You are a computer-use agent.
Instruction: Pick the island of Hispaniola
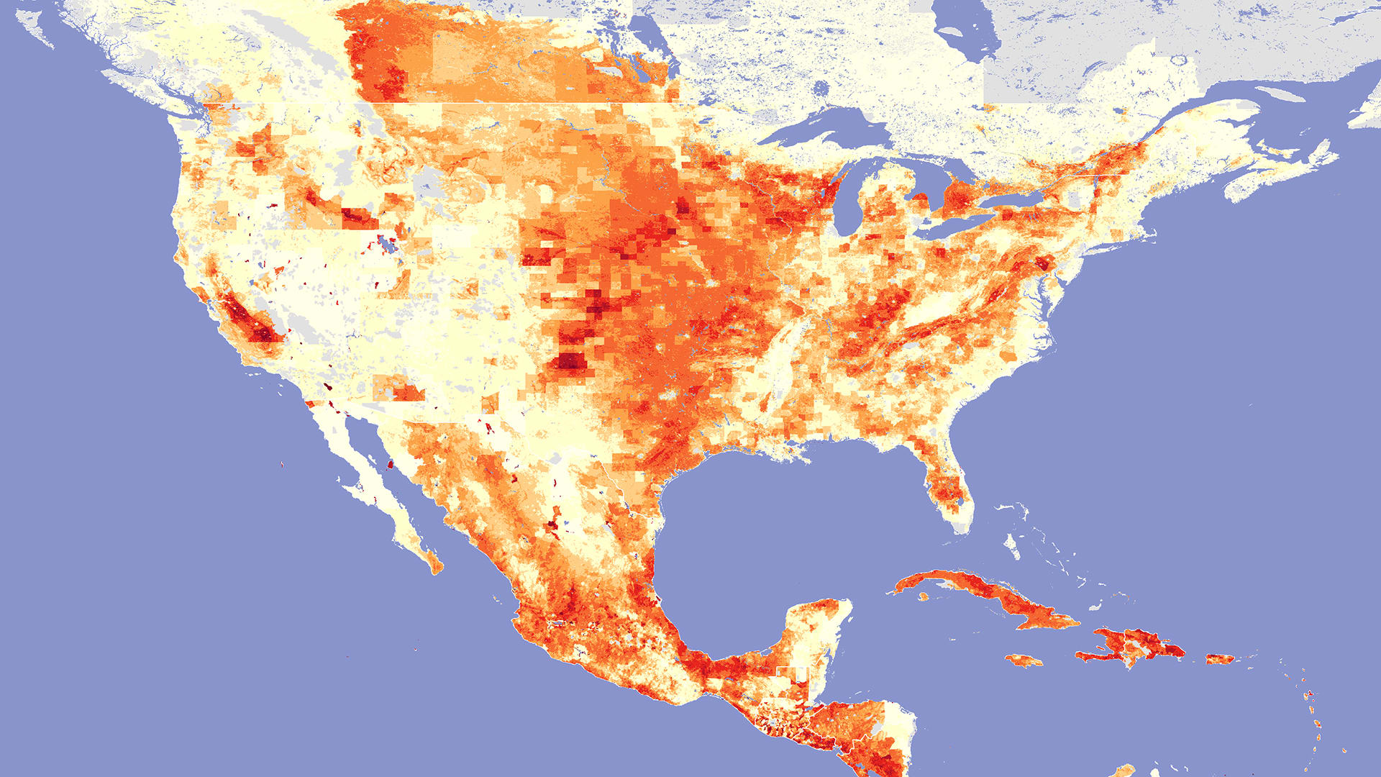[x=1136, y=644]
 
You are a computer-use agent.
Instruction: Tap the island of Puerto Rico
[x=1219, y=658]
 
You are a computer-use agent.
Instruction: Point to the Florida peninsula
[x=942, y=475]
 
